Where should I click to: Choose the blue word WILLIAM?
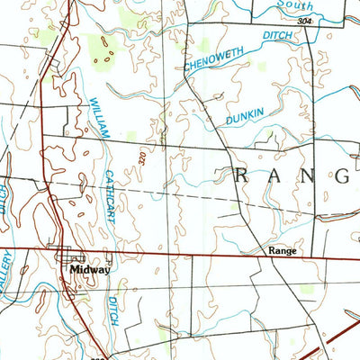tap(98, 118)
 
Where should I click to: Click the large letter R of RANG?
tap(244, 175)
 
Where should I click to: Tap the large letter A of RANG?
tap(276, 175)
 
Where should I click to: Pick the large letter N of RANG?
tap(309, 175)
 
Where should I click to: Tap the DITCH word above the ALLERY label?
tap(4, 191)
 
